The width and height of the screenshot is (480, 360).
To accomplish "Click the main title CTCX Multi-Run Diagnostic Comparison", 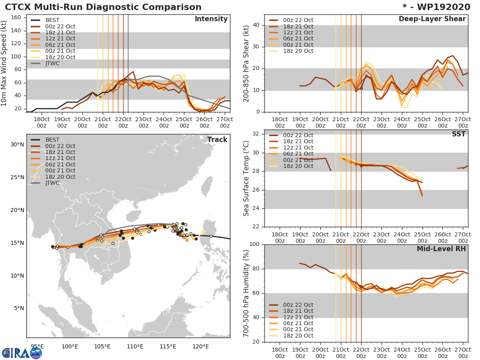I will pyautogui.click(x=103, y=7).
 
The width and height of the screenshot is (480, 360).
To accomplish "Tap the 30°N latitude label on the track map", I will pyautogui.click(x=17, y=144).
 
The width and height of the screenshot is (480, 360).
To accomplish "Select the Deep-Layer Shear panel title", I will pyautogui.click(x=432, y=19).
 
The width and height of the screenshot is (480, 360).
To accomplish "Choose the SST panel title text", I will pyautogui.click(x=458, y=134).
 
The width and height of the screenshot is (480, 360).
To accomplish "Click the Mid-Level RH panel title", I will pyautogui.click(x=441, y=249).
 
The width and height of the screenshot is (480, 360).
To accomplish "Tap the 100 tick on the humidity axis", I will pyautogui.click(x=254, y=244).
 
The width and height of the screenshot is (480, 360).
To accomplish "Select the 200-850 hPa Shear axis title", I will pyautogui.click(x=246, y=64).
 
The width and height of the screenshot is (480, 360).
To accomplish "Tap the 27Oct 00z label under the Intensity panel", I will pyautogui.click(x=225, y=122).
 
